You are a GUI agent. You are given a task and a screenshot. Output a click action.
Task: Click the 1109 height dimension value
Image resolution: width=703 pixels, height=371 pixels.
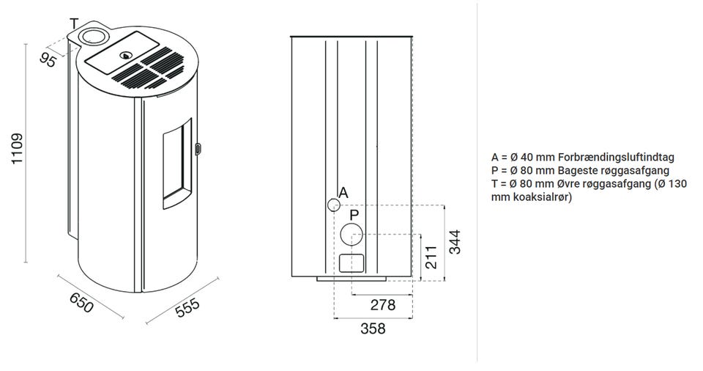pos(17,149)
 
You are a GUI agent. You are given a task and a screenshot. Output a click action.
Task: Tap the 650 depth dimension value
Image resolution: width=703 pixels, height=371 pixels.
pos(81,303)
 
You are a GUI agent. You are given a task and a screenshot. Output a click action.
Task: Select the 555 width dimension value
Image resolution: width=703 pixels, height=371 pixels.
pos(187,308)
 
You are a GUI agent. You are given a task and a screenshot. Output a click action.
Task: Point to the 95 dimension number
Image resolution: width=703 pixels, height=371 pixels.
pos(48,59)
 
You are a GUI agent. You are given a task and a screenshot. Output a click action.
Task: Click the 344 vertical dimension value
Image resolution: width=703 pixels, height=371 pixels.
pos(455,242)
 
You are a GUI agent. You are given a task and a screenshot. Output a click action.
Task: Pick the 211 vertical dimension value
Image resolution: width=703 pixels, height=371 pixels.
pos(431,257)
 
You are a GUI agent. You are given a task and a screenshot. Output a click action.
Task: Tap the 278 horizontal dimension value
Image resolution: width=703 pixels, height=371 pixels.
pos(383,305)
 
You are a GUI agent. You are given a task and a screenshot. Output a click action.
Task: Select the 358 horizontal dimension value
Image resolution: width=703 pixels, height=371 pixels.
pos(373,328)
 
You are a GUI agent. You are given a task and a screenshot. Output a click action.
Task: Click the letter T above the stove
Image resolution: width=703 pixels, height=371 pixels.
pos(74,23)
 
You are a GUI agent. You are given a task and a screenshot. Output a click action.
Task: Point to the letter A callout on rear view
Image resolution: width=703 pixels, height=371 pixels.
pos(343,193)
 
